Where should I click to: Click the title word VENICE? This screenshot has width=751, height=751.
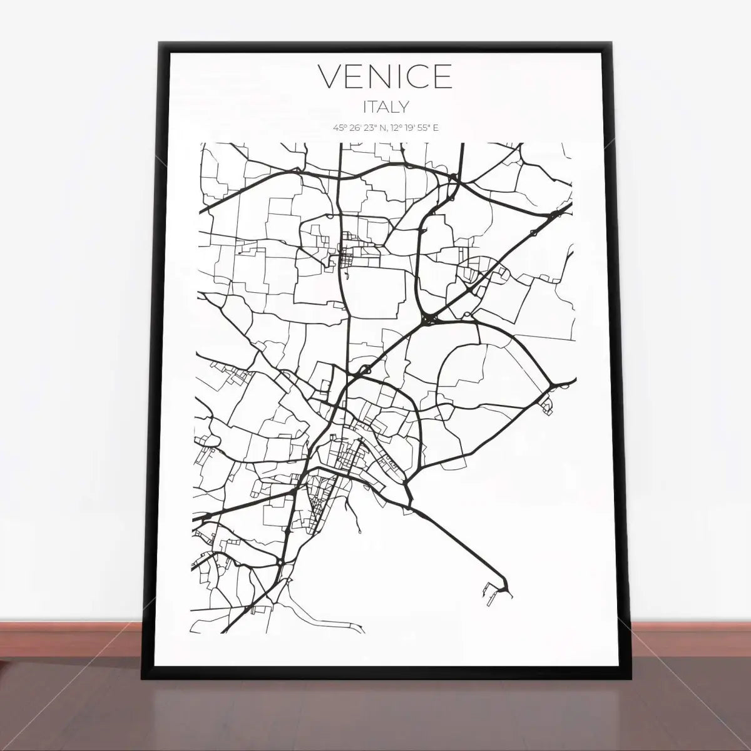pyautogui.click(x=385, y=76)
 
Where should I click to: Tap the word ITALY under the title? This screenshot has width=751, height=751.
pyautogui.click(x=385, y=107)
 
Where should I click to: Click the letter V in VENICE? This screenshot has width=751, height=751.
pyautogui.click(x=331, y=76)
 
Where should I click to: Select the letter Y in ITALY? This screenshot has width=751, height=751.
pyautogui.click(x=403, y=107)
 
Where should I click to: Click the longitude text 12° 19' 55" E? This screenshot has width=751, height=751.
pyautogui.click(x=412, y=128)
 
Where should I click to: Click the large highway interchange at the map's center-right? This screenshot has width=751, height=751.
pyautogui.click(x=429, y=320)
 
